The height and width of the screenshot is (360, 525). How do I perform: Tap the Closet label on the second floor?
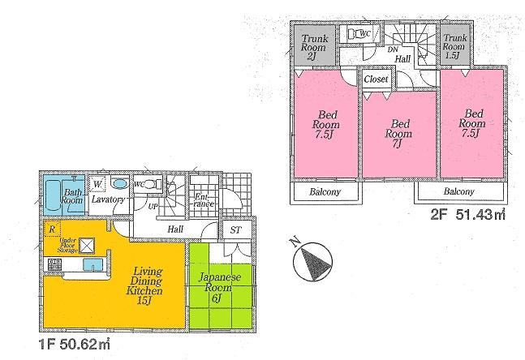pos(375,80)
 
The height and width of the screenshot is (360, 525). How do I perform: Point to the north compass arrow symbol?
pos(308,259)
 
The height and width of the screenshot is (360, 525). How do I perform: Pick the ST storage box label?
pos(235,232)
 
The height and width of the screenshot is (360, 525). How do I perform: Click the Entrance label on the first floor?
pos(204,199)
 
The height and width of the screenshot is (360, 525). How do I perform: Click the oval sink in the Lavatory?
pos(118,183)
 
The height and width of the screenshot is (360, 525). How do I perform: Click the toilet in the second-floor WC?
pos(358,35)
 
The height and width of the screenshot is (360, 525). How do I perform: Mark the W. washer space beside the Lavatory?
pos(96,183)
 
